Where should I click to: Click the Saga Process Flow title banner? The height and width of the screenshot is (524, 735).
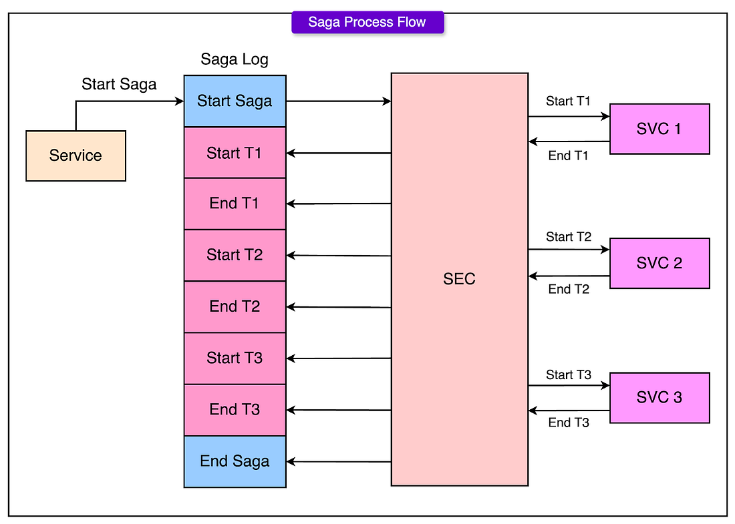click(367, 22)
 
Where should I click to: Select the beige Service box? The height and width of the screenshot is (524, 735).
click(76, 156)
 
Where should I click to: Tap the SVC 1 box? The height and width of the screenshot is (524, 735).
click(659, 129)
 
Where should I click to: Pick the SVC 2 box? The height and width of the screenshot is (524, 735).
click(659, 263)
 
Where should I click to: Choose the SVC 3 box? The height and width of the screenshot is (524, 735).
click(659, 398)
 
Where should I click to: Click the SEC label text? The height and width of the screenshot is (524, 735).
click(460, 279)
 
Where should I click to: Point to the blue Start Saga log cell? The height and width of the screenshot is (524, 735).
click(235, 101)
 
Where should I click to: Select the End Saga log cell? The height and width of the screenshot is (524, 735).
click(235, 462)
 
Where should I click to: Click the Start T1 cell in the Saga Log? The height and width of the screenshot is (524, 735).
click(235, 153)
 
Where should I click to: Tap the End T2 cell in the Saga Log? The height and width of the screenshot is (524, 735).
click(235, 307)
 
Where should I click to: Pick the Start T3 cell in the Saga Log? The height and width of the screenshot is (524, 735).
click(235, 358)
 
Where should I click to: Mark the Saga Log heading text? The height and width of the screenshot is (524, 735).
click(235, 60)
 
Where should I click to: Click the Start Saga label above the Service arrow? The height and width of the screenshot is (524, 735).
click(119, 85)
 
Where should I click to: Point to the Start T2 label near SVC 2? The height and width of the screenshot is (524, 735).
click(569, 237)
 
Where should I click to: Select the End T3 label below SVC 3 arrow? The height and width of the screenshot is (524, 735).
click(569, 423)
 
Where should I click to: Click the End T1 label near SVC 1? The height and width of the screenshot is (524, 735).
click(568, 156)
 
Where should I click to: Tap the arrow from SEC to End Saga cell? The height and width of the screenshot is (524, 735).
click(339, 462)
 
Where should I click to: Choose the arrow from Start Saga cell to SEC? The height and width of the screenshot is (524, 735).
click(339, 101)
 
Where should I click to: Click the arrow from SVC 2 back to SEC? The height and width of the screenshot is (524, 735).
click(569, 276)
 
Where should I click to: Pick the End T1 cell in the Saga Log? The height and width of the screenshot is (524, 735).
click(235, 204)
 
